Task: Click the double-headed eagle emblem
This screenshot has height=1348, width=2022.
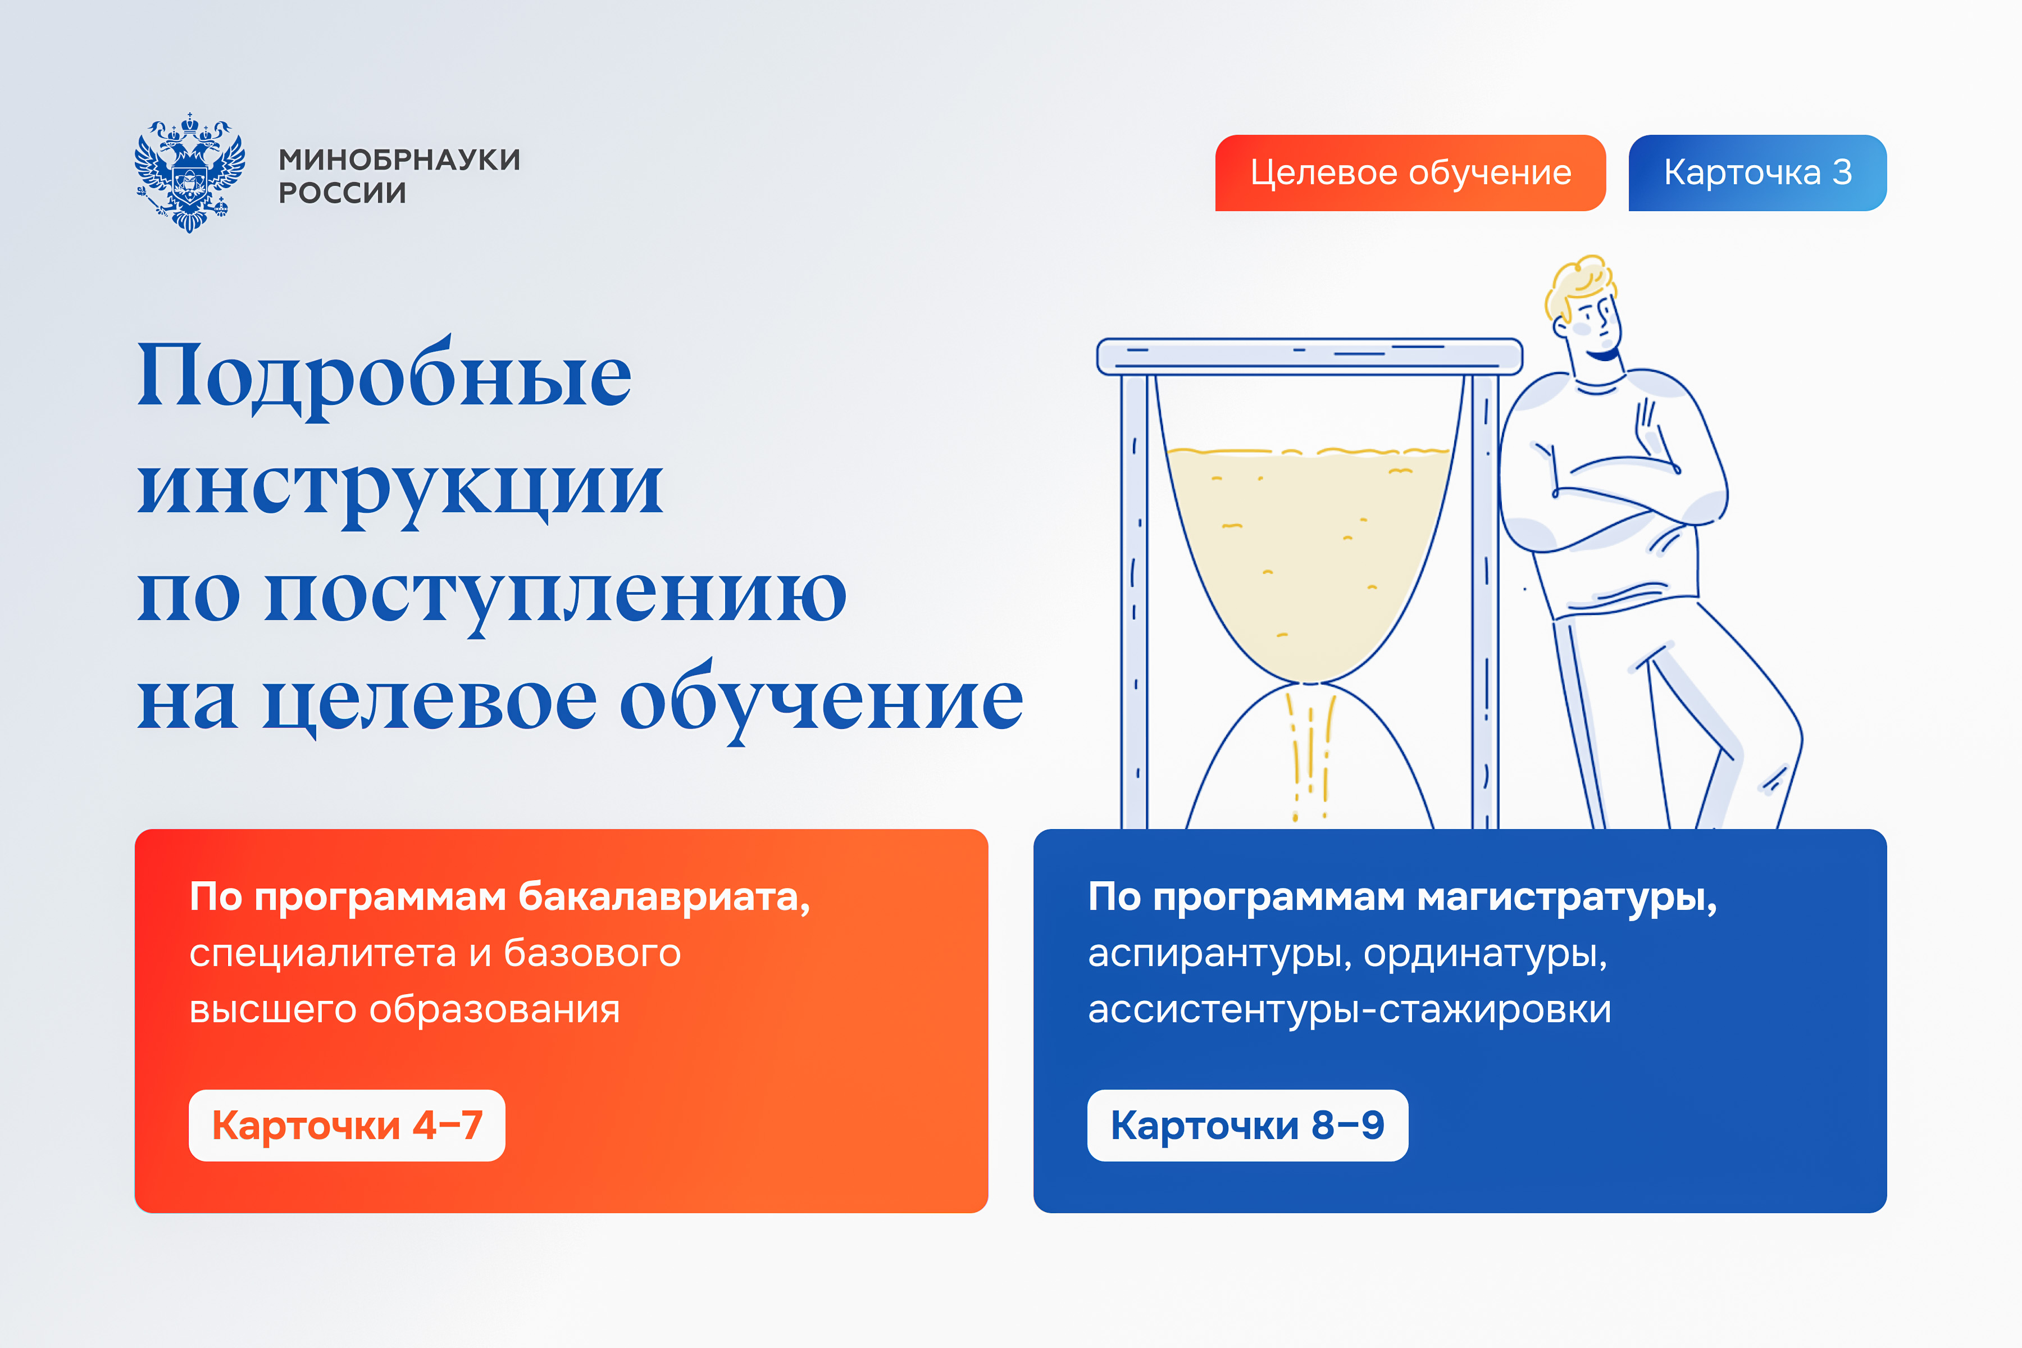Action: click(189, 172)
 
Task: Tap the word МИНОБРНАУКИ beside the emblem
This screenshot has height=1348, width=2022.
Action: click(400, 160)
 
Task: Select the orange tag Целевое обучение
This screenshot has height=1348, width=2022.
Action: click(1410, 173)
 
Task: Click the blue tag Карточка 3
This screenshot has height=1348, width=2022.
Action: click(1757, 173)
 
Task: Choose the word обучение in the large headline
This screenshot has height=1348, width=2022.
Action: click(822, 700)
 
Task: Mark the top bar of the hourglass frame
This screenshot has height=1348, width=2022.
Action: click(1309, 356)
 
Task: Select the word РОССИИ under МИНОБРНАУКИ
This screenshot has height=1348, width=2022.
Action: click(342, 193)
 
